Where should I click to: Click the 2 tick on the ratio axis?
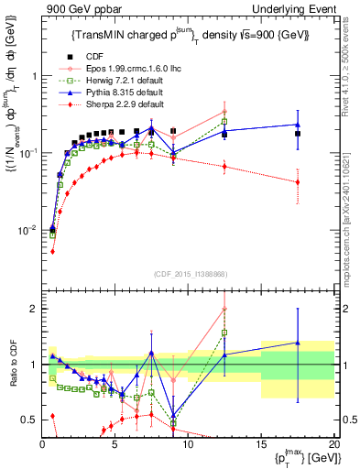[33, 309]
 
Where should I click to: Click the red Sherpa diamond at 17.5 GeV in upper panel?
[297, 182]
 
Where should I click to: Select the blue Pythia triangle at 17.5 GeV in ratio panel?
[297, 343]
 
